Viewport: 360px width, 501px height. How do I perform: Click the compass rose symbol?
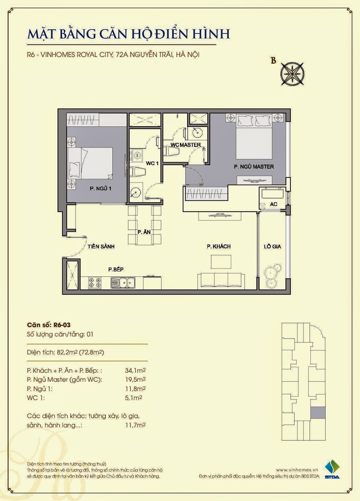tap(292, 74)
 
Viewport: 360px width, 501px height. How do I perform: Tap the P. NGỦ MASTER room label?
tap(254, 167)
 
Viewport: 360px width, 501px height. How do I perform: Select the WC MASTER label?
tap(186, 145)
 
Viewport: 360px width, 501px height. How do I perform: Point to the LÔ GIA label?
tap(272, 246)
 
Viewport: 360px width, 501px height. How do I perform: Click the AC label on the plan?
tap(274, 204)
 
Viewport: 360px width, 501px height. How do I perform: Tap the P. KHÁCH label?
tap(219, 246)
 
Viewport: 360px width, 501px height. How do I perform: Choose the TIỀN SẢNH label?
tap(101, 246)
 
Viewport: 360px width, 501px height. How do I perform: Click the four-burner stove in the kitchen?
tap(95, 283)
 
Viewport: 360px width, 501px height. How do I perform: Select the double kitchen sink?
tap(123, 283)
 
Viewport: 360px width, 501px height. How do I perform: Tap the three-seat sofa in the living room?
tap(221, 281)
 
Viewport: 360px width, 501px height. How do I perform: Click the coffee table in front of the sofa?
tap(221, 261)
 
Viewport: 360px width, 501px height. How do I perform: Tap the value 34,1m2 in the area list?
tap(135, 371)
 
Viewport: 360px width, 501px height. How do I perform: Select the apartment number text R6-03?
tap(62, 325)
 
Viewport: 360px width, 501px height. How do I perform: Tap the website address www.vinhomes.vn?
tap(297, 470)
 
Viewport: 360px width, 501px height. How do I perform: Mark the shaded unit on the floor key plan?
tap(318, 413)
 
